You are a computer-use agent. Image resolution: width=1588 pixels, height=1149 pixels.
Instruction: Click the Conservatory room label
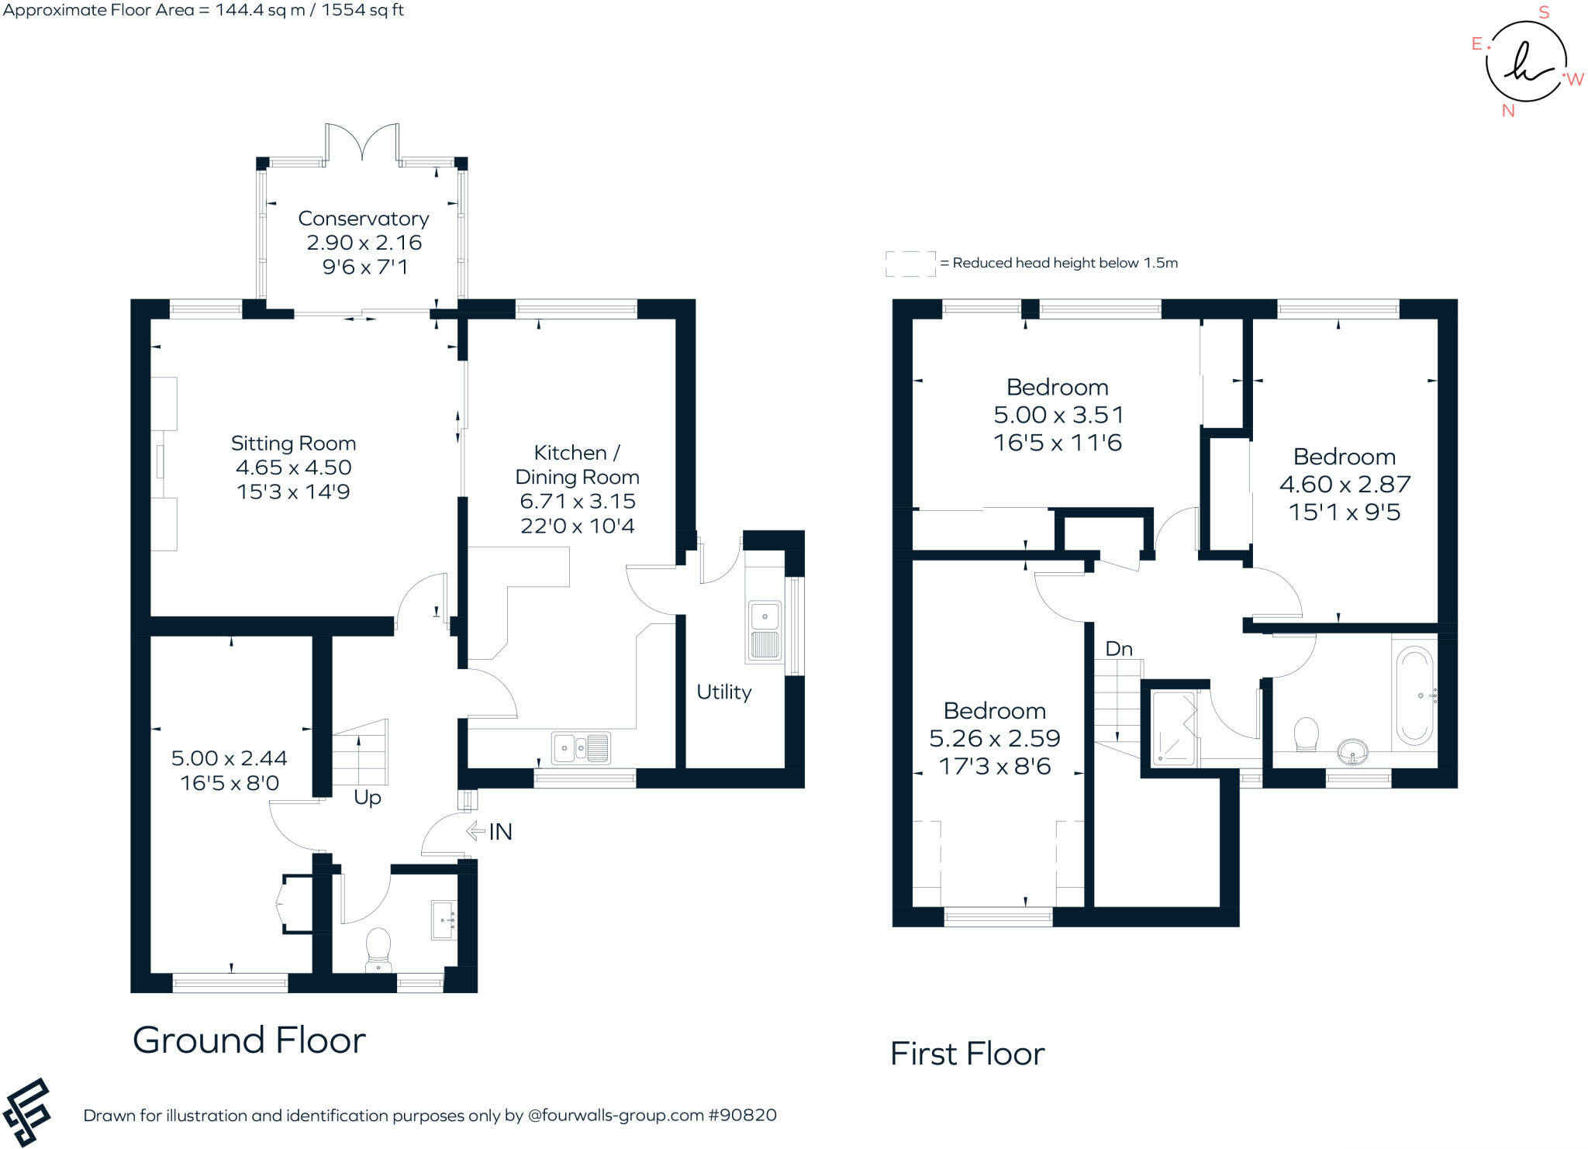pyautogui.click(x=363, y=219)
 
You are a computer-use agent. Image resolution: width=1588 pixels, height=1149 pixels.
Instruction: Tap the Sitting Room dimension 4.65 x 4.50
pyautogui.click(x=293, y=468)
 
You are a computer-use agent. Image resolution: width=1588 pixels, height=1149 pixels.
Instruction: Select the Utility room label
pyautogui.click(x=723, y=692)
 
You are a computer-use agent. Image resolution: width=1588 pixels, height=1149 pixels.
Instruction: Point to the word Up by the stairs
pyautogui.click(x=367, y=798)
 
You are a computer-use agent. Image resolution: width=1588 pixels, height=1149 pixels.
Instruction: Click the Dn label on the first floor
pyautogui.click(x=1118, y=649)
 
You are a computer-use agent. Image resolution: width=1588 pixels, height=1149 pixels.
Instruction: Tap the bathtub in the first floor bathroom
pyautogui.click(x=1414, y=695)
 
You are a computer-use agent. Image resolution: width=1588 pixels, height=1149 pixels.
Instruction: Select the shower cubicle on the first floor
pyautogui.click(x=1173, y=727)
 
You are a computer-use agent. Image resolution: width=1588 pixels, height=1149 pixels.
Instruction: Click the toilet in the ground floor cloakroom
pyautogui.click(x=378, y=947)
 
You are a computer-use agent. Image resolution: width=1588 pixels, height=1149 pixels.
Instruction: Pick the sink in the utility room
pyautogui.click(x=765, y=630)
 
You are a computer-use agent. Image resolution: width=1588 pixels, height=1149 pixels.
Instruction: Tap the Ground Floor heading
pyautogui.click(x=249, y=1040)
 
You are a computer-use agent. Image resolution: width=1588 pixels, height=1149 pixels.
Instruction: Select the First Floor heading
pyautogui.click(x=967, y=1054)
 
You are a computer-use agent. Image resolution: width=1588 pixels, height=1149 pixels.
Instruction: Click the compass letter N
pyautogui.click(x=1507, y=111)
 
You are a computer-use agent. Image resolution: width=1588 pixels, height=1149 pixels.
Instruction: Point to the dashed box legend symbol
pyautogui.click(x=910, y=264)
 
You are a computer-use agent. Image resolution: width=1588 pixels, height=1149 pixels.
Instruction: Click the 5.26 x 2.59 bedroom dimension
pyautogui.click(x=994, y=738)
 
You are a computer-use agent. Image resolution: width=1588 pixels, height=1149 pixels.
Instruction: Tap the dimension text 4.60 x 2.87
pyautogui.click(x=1344, y=485)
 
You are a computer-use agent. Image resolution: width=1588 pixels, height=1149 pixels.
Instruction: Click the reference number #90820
pyautogui.click(x=742, y=1116)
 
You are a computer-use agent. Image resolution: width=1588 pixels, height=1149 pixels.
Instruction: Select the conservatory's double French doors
pyautogui.click(x=362, y=144)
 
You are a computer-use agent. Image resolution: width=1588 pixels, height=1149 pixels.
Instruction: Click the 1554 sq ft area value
pyautogui.click(x=363, y=10)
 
